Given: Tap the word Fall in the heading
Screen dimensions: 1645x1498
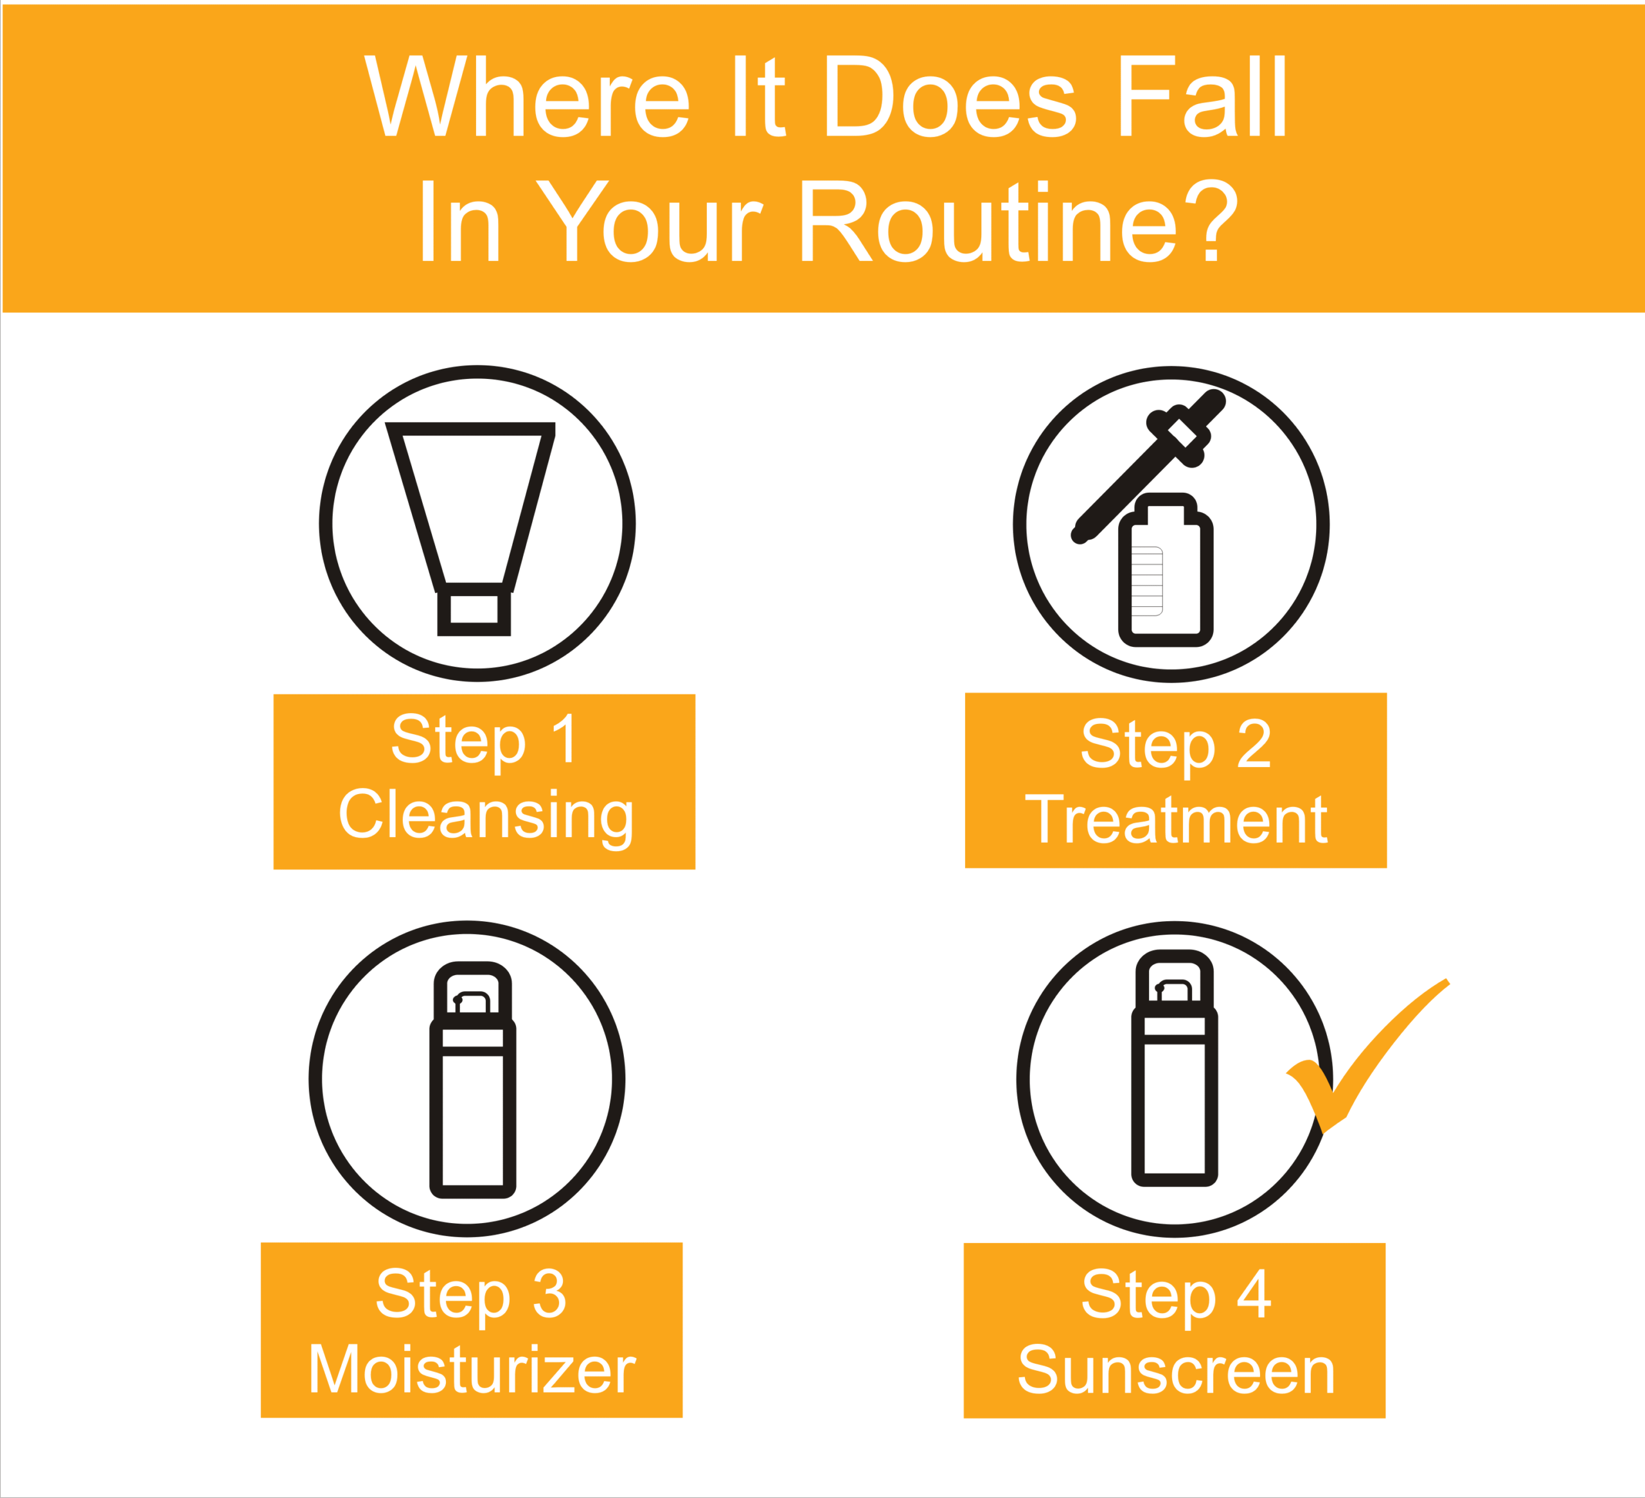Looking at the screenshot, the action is (1203, 96).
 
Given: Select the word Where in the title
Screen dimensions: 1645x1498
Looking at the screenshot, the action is (527, 96).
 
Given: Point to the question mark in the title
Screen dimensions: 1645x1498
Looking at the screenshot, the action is (1211, 220).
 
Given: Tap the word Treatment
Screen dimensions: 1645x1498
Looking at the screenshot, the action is (1177, 819).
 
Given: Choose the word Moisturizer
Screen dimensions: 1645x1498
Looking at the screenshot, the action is (472, 1368).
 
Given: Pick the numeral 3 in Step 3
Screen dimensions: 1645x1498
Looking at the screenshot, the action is (549, 1292).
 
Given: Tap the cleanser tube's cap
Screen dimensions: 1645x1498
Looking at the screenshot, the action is (474, 610).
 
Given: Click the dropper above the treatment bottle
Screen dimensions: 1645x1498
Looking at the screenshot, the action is (1149, 467).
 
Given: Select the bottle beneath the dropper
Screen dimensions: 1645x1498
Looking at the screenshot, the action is (1166, 571).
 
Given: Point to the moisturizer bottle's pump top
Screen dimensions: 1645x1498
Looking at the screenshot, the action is (472, 989).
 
